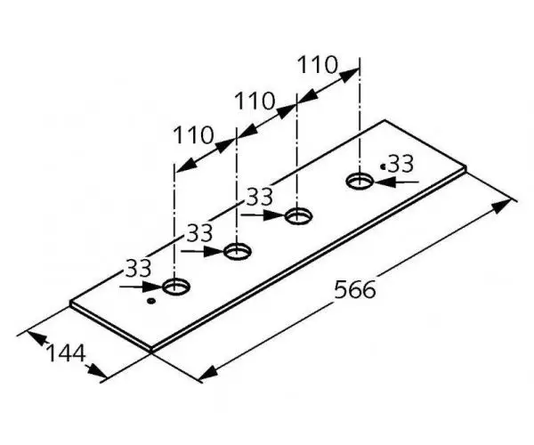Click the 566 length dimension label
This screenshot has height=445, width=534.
click(355, 290)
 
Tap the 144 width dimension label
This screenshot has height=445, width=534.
click(65, 353)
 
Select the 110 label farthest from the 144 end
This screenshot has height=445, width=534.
click(318, 65)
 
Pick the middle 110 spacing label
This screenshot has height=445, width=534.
click(255, 101)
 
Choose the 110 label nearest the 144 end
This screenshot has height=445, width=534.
click(193, 134)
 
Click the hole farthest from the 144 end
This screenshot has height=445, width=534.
click(360, 181)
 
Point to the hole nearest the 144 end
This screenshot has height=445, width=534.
click(176, 287)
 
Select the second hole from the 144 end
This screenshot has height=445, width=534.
click(238, 251)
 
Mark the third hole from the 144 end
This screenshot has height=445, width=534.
click(298, 216)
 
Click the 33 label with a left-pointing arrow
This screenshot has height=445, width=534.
click(400, 164)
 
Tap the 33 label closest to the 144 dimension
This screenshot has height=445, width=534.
click(138, 268)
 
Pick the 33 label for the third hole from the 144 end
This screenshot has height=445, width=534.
click(260, 197)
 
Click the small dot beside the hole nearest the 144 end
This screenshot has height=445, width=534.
click(151, 301)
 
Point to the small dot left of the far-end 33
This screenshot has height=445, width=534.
click(383, 166)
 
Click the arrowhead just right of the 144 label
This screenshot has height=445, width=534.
click(96, 371)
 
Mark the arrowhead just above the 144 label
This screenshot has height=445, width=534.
click(36, 338)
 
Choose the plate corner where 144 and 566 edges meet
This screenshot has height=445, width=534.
click(151, 350)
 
